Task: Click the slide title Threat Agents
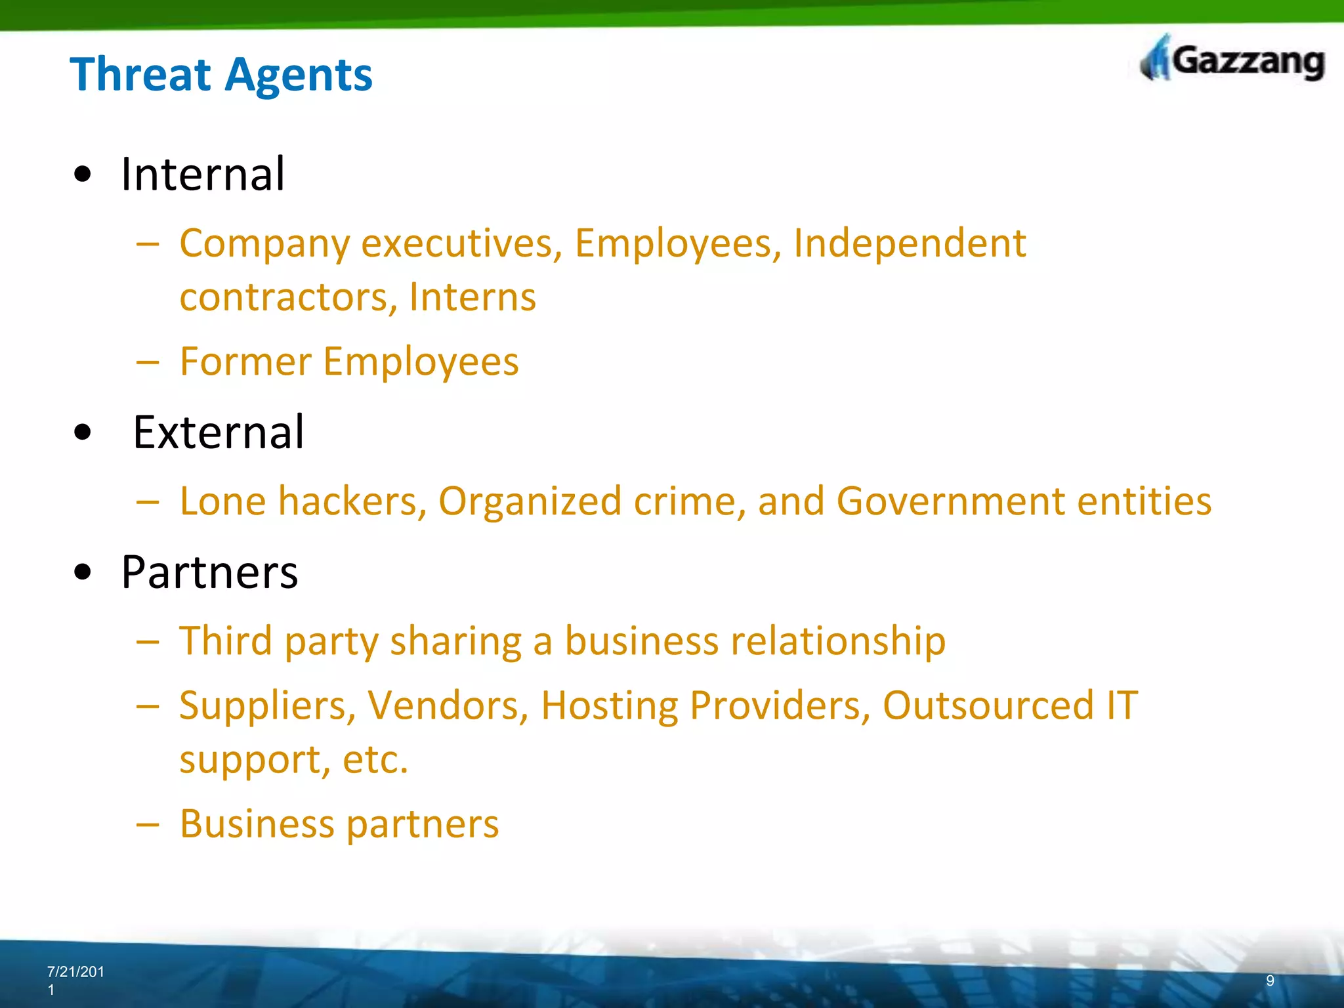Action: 221,75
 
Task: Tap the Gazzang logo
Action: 1232,60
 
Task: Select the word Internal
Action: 203,175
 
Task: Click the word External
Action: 219,432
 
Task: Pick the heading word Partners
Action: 209,572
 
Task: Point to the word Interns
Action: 472,297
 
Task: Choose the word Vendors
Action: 448,705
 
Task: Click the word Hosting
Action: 609,705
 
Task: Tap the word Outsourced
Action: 988,705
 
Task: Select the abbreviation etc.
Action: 375,760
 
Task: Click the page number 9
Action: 1270,980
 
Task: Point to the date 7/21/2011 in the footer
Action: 75,980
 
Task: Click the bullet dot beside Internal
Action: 83,175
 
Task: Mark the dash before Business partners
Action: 148,824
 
